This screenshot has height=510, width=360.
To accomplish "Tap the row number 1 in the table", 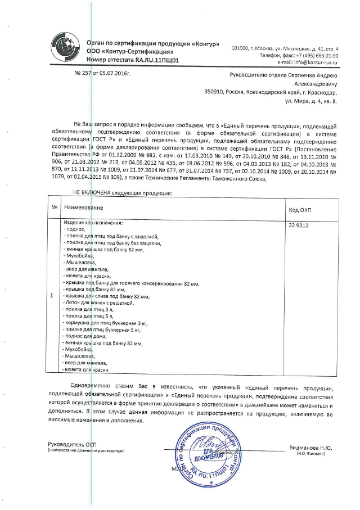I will [52, 296].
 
